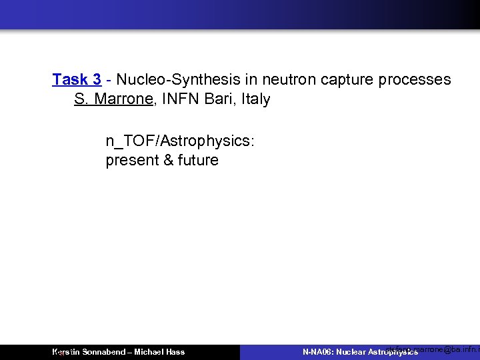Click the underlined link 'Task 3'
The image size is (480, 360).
point(77,80)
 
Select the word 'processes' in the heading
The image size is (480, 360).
point(415,80)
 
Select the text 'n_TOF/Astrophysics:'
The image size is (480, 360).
point(180,141)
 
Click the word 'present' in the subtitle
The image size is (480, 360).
point(131,161)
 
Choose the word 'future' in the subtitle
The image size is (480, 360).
point(197,161)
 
